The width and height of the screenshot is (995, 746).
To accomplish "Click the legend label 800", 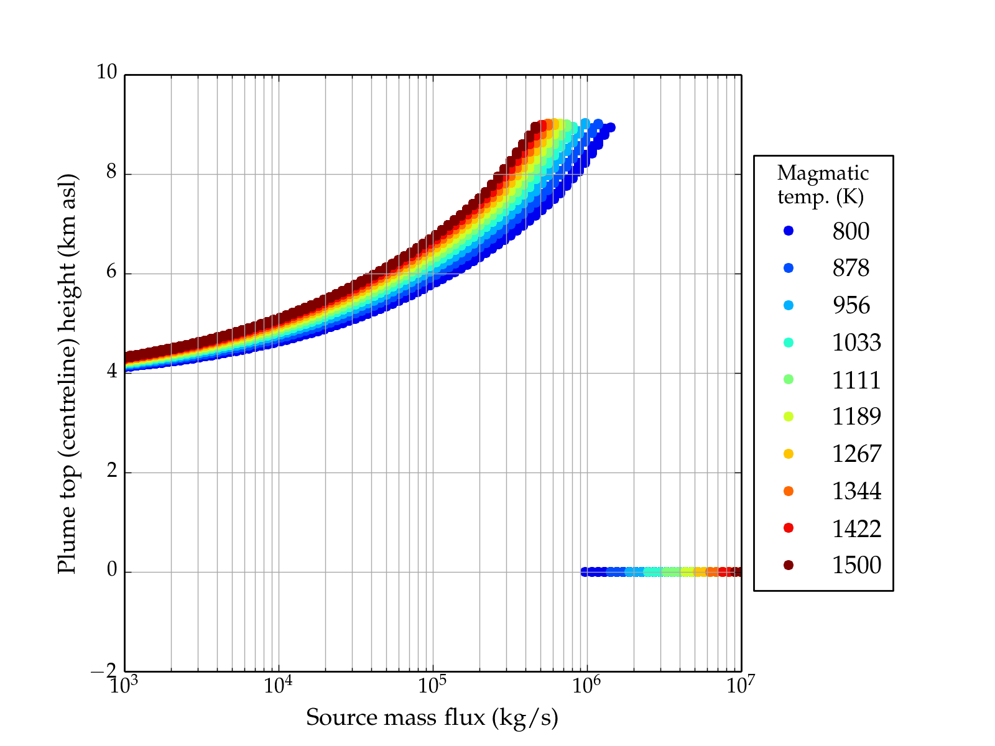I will pyautogui.click(x=851, y=231).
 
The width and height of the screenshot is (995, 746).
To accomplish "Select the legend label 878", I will pyautogui.click(x=851, y=268).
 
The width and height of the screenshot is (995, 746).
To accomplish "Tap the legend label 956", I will pyautogui.click(x=851, y=305).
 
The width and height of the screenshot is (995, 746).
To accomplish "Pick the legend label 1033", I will pyautogui.click(x=856, y=343).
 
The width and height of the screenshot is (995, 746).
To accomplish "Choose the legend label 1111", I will pyautogui.click(x=856, y=380).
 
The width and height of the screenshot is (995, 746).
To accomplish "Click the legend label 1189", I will pyautogui.click(x=856, y=417).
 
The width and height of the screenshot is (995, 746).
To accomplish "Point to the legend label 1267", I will pyautogui.click(x=856, y=454).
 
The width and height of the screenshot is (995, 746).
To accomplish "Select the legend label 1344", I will pyautogui.click(x=856, y=491).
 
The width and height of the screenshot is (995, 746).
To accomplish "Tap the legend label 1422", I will pyautogui.click(x=856, y=528).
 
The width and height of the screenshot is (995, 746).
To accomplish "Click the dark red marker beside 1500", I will pyautogui.click(x=789, y=564).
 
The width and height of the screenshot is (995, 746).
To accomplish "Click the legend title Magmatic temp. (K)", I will pyautogui.click(x=823, y=185).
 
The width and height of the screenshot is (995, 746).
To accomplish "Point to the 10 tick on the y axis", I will pyautogui.click(x=106, y=73).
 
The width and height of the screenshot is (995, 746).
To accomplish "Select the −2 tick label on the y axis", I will pyautogui.click(x=104, y=671).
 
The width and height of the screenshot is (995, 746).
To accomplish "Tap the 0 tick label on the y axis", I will pyautogui.click(x=111, y=570).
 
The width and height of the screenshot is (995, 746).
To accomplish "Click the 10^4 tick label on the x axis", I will pyautogui.click(x=278, y=685).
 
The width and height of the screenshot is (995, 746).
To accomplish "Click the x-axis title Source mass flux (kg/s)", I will pyautogui.click(x=432, y=718).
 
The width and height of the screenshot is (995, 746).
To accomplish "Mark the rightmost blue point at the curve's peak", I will pyautogui.click(x=611, y=127).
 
